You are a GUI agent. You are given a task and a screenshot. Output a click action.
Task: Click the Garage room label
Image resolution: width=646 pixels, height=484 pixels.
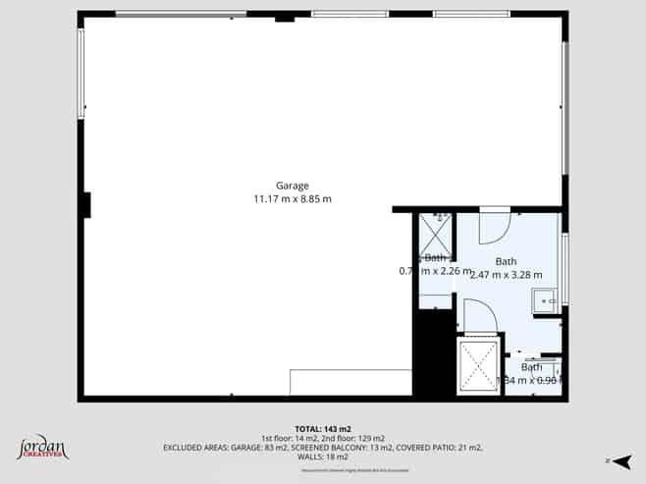click(x=292, y=186)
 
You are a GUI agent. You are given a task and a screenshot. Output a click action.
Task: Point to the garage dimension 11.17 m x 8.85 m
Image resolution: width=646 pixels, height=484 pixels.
click(x=292, y=199)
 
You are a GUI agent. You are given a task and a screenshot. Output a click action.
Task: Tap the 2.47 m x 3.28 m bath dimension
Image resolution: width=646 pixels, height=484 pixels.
click(x=507, y=275)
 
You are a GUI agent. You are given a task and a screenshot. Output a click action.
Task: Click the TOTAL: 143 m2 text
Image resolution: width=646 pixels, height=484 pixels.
click(x=323, y=429)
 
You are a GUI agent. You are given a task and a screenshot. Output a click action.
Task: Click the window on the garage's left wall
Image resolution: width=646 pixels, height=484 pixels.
click(x=81, y=73)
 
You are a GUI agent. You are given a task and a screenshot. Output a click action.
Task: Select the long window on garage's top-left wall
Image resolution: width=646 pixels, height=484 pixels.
click(x=181, y=14)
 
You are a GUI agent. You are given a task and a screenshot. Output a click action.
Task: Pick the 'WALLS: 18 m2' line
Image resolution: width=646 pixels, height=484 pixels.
click(x=323, y=457)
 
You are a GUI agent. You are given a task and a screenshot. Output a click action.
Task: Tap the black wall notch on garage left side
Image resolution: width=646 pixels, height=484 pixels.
click(x=86, y=205)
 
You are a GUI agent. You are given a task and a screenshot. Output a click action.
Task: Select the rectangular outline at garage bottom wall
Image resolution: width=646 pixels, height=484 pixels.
click(x=350, y=382)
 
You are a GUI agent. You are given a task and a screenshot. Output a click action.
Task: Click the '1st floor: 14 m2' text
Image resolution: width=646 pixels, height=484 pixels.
click(x=291, y=438)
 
